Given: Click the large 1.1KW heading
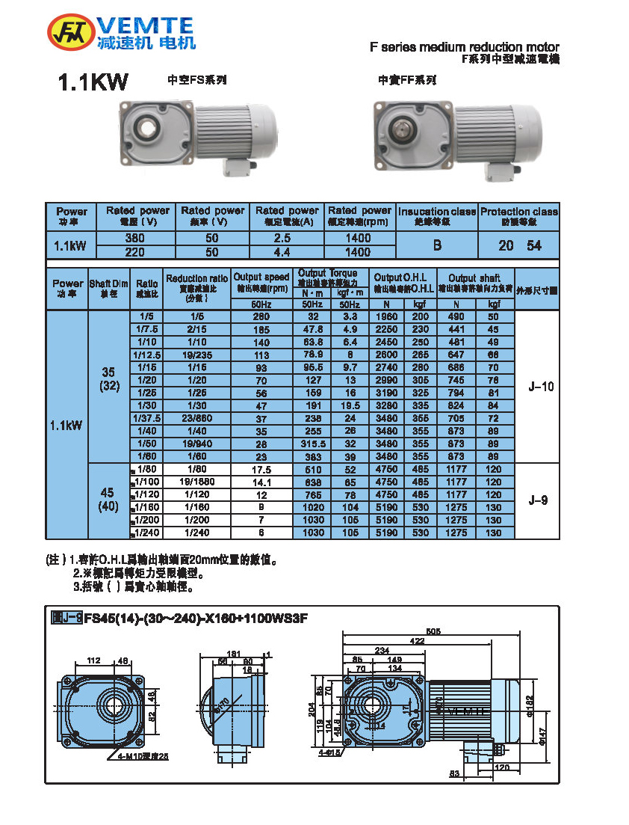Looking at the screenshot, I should (93, 83).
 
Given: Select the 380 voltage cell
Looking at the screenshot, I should (134, 238).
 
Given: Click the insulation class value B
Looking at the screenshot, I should (437, 245).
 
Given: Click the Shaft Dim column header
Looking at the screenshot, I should (109, 288).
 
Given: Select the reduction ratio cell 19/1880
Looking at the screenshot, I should (198, 482).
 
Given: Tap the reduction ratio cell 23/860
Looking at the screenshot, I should (198, 419).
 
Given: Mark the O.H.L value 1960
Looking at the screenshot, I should (386, 316).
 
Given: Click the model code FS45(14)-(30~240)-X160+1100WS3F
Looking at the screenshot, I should (196, 618).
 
